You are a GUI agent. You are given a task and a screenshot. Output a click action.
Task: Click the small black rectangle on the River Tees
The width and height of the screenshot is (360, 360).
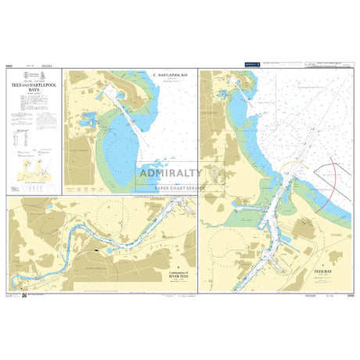point(95,252)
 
